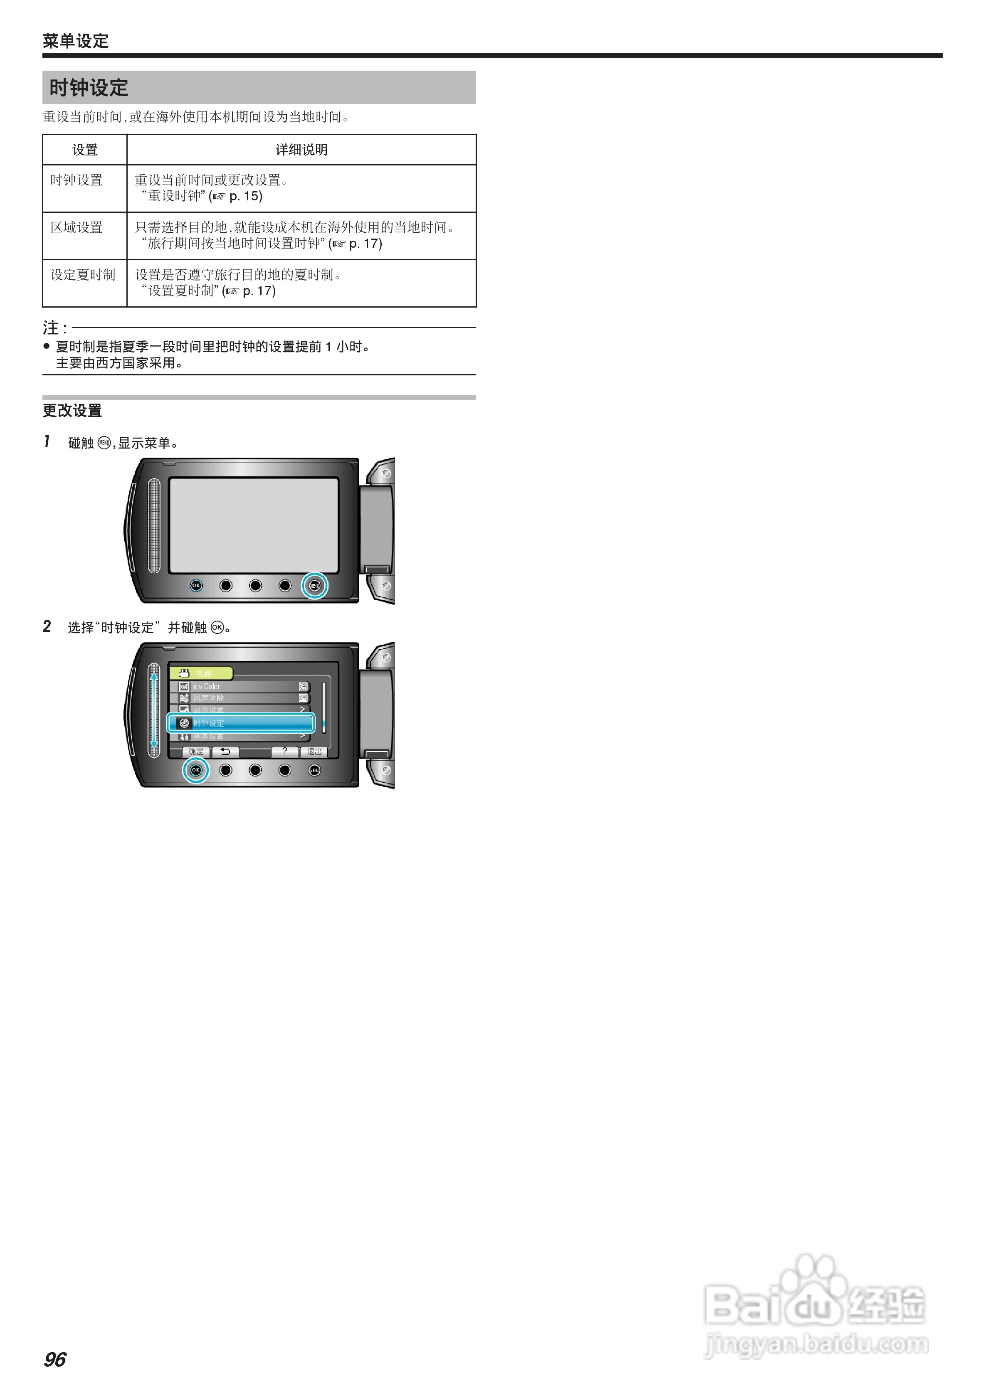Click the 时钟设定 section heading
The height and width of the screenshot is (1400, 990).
tap(89, 88)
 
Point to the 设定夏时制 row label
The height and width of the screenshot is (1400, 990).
tap(83, 275)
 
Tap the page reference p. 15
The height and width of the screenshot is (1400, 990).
tap(246, 196)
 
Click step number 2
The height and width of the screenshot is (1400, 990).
tap(47, 626)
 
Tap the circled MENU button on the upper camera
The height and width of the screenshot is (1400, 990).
tap(314, 586)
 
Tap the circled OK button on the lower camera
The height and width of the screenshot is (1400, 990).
tap(196, 770)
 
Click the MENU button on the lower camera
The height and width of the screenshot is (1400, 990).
tap(314, 770)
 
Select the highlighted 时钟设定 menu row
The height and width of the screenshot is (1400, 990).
tap(241, 723)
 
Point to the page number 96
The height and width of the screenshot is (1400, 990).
tap(55, 1359)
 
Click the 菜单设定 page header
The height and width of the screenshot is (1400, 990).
tap(76, 41)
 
